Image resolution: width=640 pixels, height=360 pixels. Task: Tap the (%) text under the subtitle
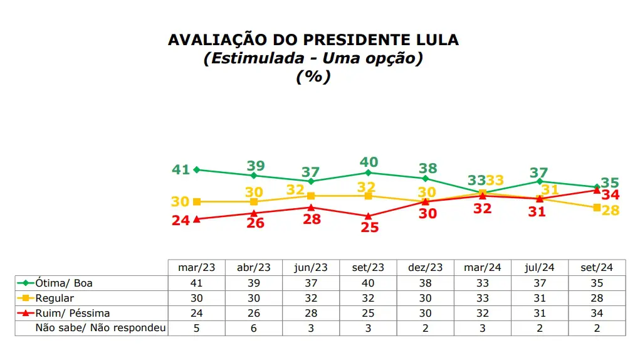click(x=313, y=77)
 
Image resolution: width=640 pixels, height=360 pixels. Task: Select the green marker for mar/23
click(x=197, y=169)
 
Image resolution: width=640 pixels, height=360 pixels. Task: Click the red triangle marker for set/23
click(x=368, y=216)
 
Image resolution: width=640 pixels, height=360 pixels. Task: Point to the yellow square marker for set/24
click(x=596, y=208)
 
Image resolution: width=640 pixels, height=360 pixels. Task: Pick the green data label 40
click(x=369, y=161)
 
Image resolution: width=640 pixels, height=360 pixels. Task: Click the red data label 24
click(x=181, y=221)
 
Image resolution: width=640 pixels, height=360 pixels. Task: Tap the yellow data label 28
click(x=611, y=211)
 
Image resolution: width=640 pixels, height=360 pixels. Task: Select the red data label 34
click(x=611, y=194)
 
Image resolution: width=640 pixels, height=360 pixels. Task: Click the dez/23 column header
click(x=426, y=267)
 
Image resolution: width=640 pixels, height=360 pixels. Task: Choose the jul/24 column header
click(x=540, y=267)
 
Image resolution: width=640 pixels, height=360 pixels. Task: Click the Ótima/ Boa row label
click(x=65, y=283)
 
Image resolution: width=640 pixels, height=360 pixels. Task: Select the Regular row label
click(x=55, y=298)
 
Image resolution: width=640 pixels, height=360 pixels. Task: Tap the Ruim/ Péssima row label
click(x=73, y=313)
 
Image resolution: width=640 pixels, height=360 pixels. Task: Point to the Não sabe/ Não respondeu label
click(x=100, y=328)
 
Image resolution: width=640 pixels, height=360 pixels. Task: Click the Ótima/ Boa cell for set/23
click(x=369, y=283)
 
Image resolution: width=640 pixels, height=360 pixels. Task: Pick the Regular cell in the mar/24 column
click(x=483, y=298)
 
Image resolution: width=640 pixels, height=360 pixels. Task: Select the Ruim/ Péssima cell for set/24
click(x=597, y=313)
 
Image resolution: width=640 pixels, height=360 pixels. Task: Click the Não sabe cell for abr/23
click(x=254, y=328)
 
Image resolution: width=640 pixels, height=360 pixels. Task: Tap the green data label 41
click(x=181, y=169)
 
